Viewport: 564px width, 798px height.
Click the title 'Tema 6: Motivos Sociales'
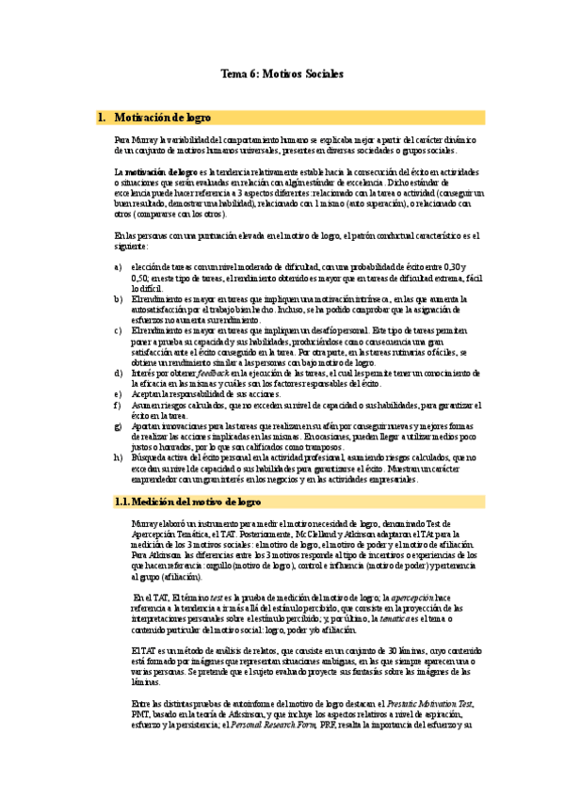(282, 73)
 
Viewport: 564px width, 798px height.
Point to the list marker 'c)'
(118, 330)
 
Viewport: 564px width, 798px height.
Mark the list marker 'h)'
(118, 458)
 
